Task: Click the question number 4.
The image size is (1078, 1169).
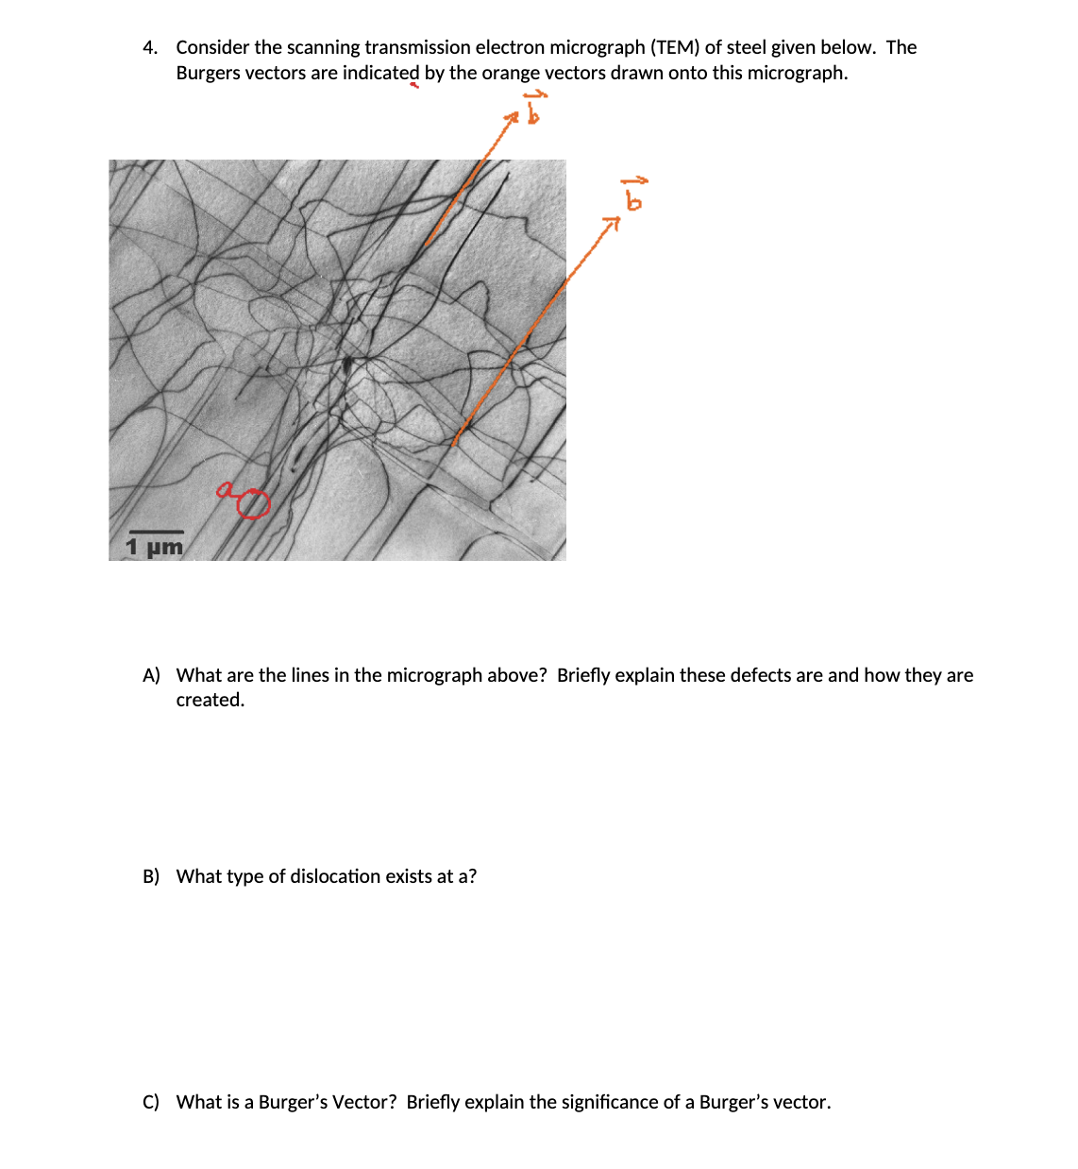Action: point(149,48)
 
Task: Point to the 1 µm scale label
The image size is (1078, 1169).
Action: point(154,547)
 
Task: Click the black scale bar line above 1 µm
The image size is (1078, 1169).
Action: point(155,533)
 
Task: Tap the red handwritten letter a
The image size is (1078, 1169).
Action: point(225,489)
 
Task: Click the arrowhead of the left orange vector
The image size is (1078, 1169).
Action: point(512,119)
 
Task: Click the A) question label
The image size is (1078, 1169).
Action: point(151,675)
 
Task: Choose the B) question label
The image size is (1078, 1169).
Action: point(151,876)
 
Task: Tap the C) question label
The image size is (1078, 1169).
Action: point(151,1102)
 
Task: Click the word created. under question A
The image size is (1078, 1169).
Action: point(210,700)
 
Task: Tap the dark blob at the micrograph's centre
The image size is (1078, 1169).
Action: point(348,363)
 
